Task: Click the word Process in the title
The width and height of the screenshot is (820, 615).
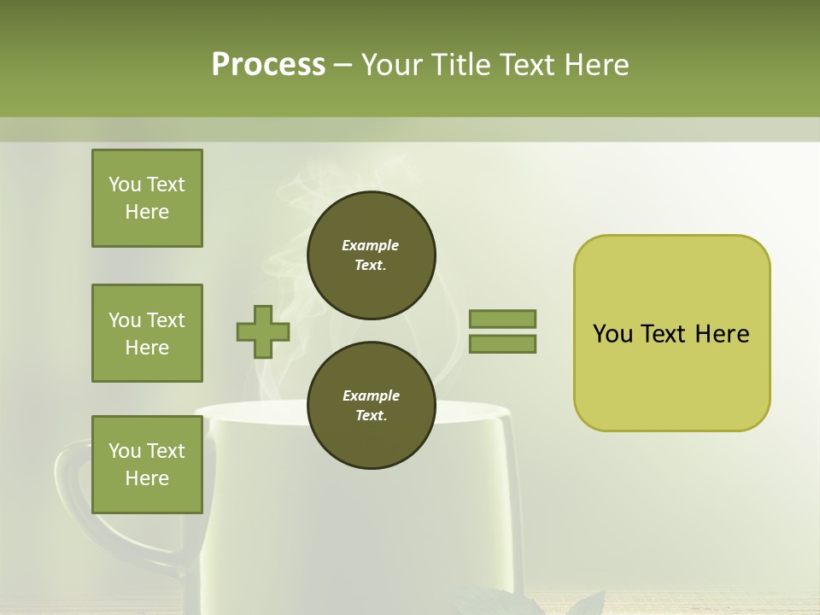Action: coord(268,65)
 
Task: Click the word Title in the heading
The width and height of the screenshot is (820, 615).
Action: coord(461,65)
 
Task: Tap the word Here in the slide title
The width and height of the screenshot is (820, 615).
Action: coord(597,65)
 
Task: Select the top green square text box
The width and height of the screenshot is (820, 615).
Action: coord(147,198)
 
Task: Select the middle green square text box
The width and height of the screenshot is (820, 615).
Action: coord(147,333)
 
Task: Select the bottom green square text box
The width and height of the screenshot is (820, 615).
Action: coord(147,464)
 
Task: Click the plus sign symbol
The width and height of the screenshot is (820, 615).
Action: coord(263,331)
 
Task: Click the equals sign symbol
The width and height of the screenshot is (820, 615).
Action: coord(502,331)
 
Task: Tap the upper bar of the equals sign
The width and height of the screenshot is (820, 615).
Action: coord(502,319)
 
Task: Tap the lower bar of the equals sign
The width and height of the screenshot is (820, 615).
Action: coord(502,344)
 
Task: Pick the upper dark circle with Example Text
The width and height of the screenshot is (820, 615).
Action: coord(371,255)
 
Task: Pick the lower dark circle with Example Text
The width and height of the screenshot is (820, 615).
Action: coord(371,405)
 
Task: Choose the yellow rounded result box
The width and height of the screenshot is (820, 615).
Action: coord(671,333)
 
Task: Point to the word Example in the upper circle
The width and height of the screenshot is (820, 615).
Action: coord(371,245)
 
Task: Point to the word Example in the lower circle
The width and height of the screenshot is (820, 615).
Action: coord(371,395)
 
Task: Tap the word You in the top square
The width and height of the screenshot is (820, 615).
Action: coord(124,184)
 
